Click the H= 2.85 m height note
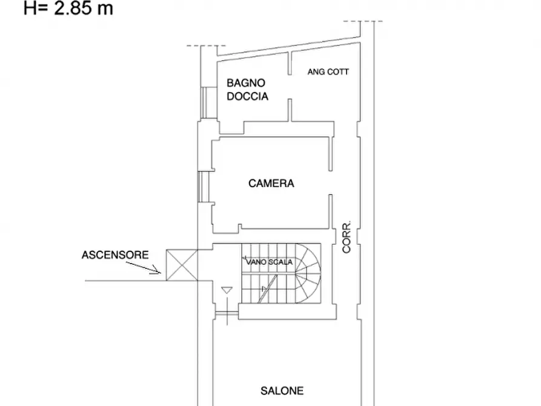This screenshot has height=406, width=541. [x=68, y=8]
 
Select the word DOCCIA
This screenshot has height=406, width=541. [x=248, y=96]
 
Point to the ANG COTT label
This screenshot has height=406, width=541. [x=328, y=72]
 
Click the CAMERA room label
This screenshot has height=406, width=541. [x=271, y=183]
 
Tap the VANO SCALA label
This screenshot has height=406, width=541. [x=270, y=262]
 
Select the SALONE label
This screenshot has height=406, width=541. [x=282, y=391]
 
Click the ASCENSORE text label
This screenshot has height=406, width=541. [x=115, y=255]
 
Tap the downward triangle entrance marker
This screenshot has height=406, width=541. [x=226, y=291]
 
